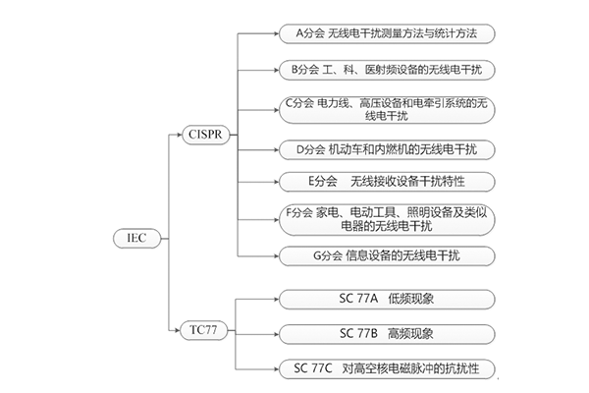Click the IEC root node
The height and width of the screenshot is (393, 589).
(136, 238)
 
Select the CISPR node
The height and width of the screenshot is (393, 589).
(204, 134)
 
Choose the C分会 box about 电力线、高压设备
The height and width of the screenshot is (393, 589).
(385, 109)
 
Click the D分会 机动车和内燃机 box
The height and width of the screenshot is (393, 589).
(385, 149)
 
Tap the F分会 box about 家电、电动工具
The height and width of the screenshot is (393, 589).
(385, 219)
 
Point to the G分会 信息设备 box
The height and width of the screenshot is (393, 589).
(385, 256)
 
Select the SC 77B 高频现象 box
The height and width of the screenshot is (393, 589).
(385, 333)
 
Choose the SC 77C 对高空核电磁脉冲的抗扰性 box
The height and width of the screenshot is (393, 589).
(385, 369)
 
